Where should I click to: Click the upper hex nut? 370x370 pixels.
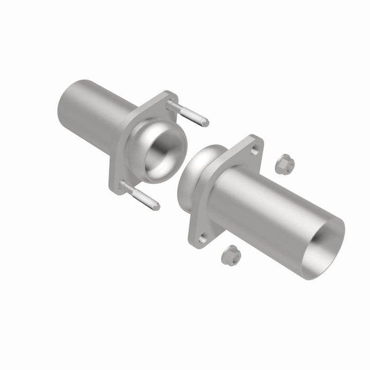[x=284, y=164]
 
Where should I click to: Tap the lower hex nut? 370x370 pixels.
[x=231, y=255]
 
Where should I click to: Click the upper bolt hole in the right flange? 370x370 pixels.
[x=255, y=151]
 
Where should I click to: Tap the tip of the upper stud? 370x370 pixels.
[x=207, y=123]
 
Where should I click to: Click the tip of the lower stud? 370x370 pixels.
[x=157, y=207]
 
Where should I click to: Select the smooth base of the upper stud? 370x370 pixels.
[x=174, y=105]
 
